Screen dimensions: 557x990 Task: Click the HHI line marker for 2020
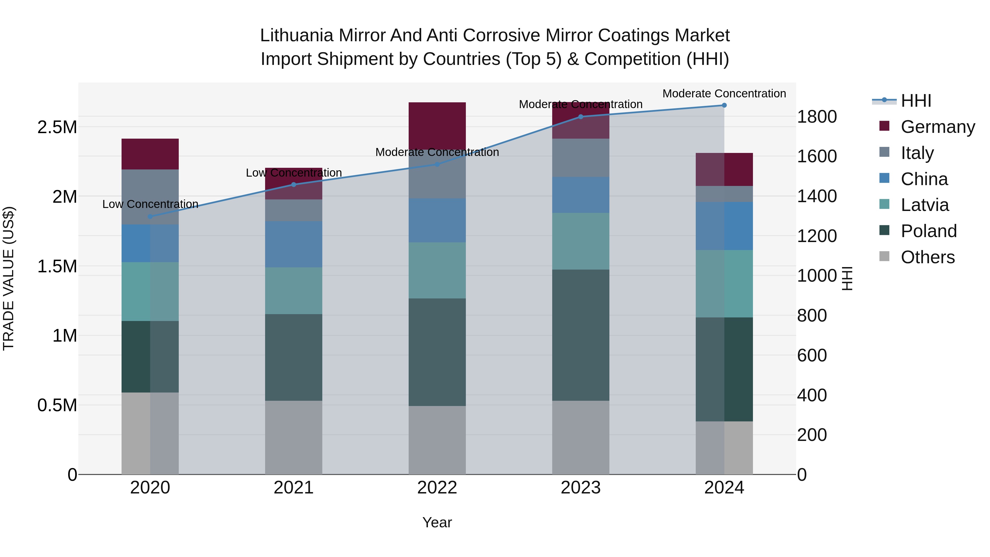tap(150, 216)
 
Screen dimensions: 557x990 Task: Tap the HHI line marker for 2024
tap(724, 105)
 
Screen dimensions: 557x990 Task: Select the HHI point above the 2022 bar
tap(437, 164)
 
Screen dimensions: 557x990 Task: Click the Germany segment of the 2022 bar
tap(437, 126)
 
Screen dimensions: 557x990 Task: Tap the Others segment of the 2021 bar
tap(294, 437)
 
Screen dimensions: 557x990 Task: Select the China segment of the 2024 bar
tap(724, 226)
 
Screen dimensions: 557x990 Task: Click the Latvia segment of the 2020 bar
tap(150, 291)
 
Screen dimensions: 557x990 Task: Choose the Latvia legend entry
tap(924, 205)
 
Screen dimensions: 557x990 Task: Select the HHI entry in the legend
tap(915, 101)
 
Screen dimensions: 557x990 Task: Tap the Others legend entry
tap(927, 257)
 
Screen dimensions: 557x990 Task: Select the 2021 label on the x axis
tap(294, 488)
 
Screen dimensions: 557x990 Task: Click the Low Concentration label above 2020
tap(150, 204)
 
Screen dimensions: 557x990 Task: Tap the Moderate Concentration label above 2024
tap(724, 94)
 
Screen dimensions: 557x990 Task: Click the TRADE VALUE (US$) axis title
tap(9, 278)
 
